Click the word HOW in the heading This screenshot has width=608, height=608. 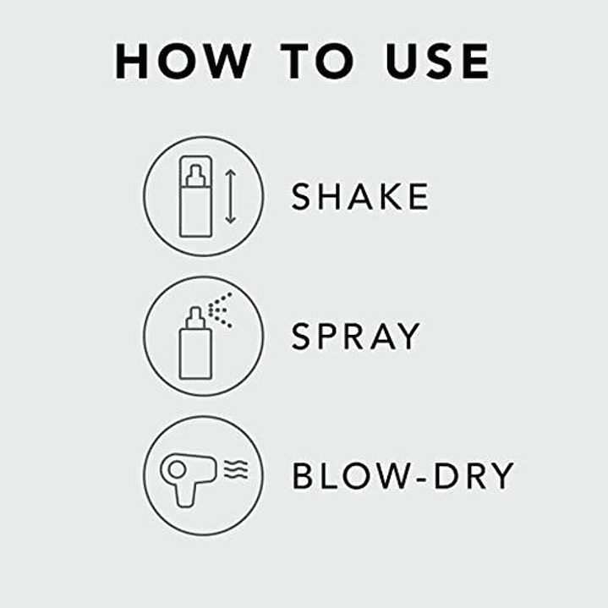(x=183, y=61)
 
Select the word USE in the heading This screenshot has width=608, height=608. (x=437, y=61)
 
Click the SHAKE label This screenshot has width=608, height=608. (x=360, y=196)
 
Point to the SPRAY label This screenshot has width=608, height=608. (x=355, y=336)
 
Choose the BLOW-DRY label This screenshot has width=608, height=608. (x=403, y=475)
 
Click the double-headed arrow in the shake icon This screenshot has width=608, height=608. (x=231, y=196)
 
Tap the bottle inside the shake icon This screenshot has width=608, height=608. (x=196, y=196)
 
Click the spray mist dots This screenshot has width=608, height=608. (x=220, y=309)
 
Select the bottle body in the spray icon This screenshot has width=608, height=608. (x=195, y=353)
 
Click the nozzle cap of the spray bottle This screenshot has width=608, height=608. (x=195, y=318)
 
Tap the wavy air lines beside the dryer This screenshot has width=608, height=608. (x=236, y=469)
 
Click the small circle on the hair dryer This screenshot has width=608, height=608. (x=177, y=469)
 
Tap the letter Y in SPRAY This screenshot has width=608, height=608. (x=408, y=336)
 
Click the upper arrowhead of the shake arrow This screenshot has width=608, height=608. (x=231, y=173)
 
